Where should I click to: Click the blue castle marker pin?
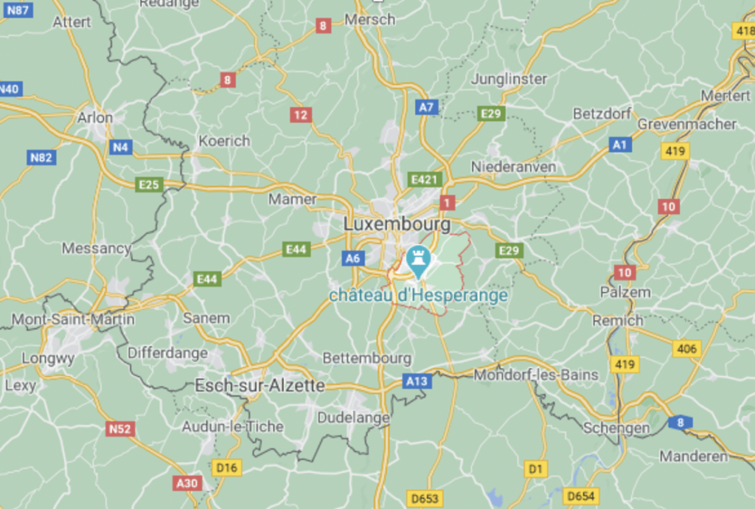419,260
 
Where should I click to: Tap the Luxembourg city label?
397,223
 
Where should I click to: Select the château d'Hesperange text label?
418,296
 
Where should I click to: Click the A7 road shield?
426,107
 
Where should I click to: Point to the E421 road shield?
425,179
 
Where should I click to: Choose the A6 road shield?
353,258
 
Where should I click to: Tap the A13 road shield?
417,381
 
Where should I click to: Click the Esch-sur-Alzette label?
260,385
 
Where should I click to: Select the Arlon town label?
95,117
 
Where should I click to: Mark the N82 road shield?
41,157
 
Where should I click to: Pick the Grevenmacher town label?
686,124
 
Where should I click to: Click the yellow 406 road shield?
686,349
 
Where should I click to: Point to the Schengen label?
616,428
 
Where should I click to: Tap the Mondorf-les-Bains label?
536,375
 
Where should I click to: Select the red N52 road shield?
119,429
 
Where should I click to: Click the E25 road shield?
149,184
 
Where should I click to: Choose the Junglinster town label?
509,79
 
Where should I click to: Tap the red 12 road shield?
300,115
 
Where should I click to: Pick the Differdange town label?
167,353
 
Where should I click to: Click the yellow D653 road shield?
425,499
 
